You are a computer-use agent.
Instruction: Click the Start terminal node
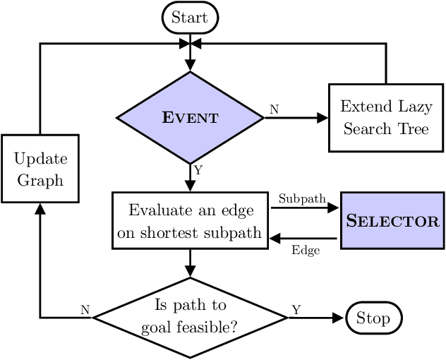pos(190,17)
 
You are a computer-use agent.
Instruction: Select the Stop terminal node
pos(373,318)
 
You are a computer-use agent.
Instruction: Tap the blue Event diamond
pos(190,118)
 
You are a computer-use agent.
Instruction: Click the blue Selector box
pos(392,220)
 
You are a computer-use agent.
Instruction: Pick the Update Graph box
pos(40,169)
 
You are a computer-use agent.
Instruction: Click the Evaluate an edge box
pos(190,220)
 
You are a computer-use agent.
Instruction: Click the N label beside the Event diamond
pos(273,109)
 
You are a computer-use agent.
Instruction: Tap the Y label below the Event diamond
pos(198,169)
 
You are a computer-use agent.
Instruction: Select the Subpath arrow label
pos(302,199)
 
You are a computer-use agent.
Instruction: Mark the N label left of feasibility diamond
pos(85,309)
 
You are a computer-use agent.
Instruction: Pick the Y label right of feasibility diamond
pos(295,309)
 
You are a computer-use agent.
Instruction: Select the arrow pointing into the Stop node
pos(318,318)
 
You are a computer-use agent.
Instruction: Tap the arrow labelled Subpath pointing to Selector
pos(305,209)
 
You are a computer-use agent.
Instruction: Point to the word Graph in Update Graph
pos(40,180)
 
